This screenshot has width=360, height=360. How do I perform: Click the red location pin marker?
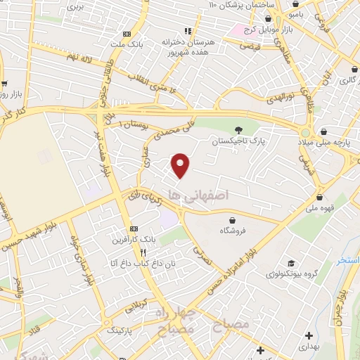pyautogui.click(x=181, y=165)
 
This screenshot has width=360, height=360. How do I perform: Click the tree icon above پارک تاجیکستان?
pyautogui.click(x=239, y=129)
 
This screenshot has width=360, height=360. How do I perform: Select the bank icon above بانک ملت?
pyautogui.click(x=127, y=34)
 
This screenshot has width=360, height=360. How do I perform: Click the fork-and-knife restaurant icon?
pyautogui.click(x=143, y=252)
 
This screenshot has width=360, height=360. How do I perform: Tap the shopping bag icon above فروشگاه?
pyautogui.click(x=231, y=220)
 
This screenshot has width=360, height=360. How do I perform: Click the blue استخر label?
pyautogui.click(x=347, y=261)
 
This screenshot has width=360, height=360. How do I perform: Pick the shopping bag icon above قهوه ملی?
pyautogui.click(x=321, y=198)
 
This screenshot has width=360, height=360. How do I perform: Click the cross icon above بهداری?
pyautogui.click(x=259, y=350)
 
